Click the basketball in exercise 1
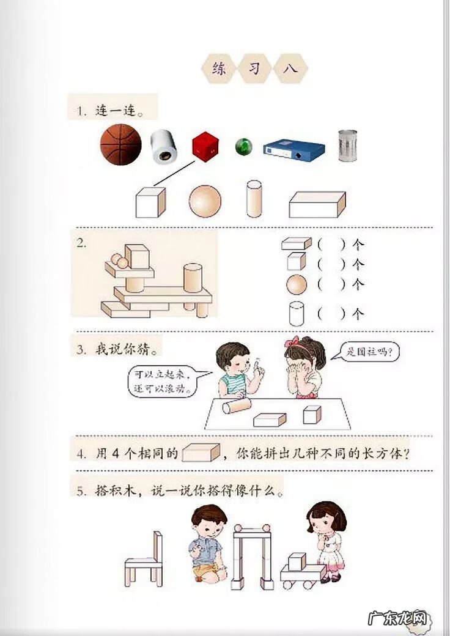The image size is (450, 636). pyautogui.click(x=121, y=145)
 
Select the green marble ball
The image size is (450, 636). pyautogui.click(x=243, y=146)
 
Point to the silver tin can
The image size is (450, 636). pyautogui.click(x=347, y=145)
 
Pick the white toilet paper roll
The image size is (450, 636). pyautogui.click(x=164, y=147)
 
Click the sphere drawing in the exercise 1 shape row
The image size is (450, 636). pyautogui.click(x=205, y=201)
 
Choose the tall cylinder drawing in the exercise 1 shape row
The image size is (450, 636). pyautogui.click(x=254, y=199)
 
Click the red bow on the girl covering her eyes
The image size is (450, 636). pyautogui.click(x=295, y=341)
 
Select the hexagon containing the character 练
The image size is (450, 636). pyautogui.click(x=219, y=68)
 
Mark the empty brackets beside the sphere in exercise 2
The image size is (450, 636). pyautogui.click(x=331, y=284)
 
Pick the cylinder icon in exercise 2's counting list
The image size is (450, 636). pyautogui.click(x=297, y=313)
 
